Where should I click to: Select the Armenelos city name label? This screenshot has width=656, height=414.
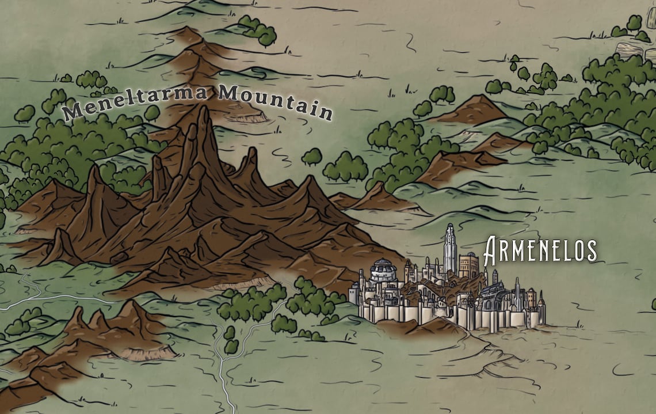pos(540,250)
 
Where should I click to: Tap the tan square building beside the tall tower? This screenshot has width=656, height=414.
pos(468,265)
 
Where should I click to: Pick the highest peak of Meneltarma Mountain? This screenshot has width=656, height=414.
pos(203,115)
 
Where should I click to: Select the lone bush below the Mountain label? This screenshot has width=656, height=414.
pos(311,156)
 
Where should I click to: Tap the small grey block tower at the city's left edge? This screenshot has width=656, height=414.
pos(353,296)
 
